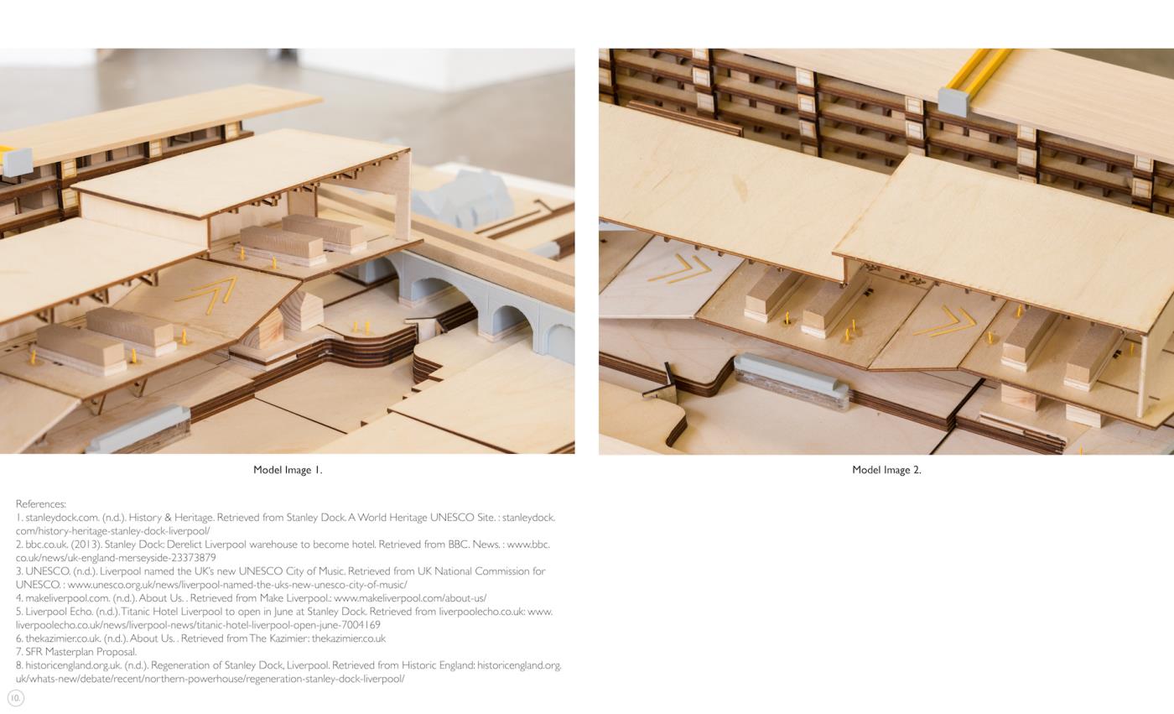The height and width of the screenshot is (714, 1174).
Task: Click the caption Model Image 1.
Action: (288, 470)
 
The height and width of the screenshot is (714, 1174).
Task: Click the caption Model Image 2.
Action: (886, 470)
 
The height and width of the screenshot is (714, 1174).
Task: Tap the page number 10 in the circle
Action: (16, 698)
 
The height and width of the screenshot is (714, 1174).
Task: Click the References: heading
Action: (41, 503)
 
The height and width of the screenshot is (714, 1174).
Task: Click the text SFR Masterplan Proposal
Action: (81, 652)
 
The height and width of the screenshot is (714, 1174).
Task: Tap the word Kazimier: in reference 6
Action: (288, 638)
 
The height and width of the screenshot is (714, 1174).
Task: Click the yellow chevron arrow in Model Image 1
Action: (209, 295)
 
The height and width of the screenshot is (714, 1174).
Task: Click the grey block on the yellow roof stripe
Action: (953, 102)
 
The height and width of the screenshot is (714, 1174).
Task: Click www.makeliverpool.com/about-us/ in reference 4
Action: (410, 598)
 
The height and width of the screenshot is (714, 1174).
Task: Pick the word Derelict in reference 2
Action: (184, 545)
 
